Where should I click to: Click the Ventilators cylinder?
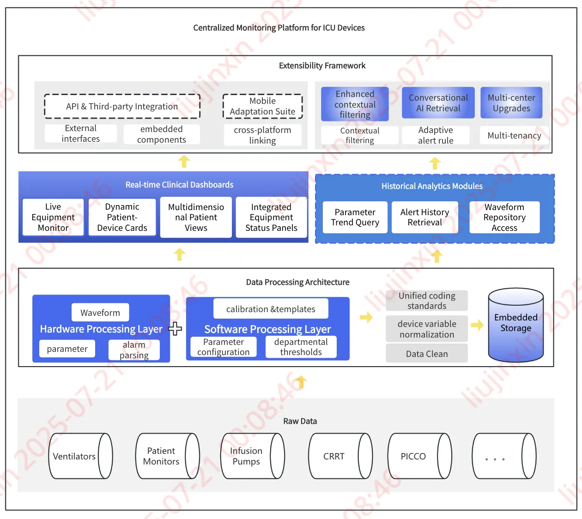click(80, 456)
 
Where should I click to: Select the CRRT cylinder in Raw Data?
click(340, 456)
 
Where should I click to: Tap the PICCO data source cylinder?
click(419, 456)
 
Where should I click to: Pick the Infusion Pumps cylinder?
click(252, 456)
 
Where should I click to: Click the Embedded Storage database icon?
click(516, 325)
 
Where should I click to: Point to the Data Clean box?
click(427, 354)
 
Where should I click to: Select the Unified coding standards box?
click(427, 301)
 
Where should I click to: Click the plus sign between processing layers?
click(176, 329)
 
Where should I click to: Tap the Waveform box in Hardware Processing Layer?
click(100, 313)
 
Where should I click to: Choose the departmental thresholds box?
click(301, 347)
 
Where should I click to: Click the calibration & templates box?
click(271, 309)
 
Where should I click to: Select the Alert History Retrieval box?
click(424, 217)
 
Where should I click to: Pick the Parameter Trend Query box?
click(355, 217)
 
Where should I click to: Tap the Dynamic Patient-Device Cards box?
click(122, 217)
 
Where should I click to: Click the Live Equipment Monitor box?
click(53, 217)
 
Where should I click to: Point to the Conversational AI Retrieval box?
click(438, 103)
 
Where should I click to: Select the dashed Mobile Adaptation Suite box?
click(262, 106)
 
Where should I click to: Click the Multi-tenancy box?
click(514, 135)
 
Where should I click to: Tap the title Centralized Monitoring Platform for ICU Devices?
click(279, 28)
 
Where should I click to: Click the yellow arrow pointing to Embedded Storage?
click(477, 325)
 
